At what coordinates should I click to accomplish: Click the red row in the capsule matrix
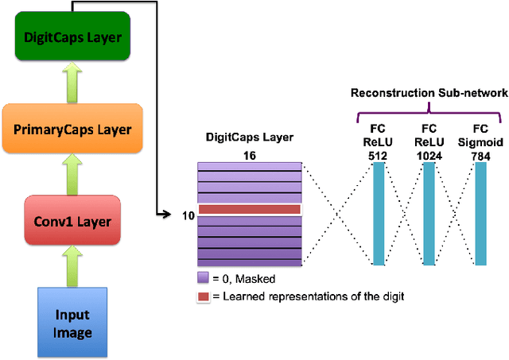point(248,210)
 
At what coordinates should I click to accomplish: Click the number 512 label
point(378,154)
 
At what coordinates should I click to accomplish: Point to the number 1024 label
point(429,154)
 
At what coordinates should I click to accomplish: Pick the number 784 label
point(480,154)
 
